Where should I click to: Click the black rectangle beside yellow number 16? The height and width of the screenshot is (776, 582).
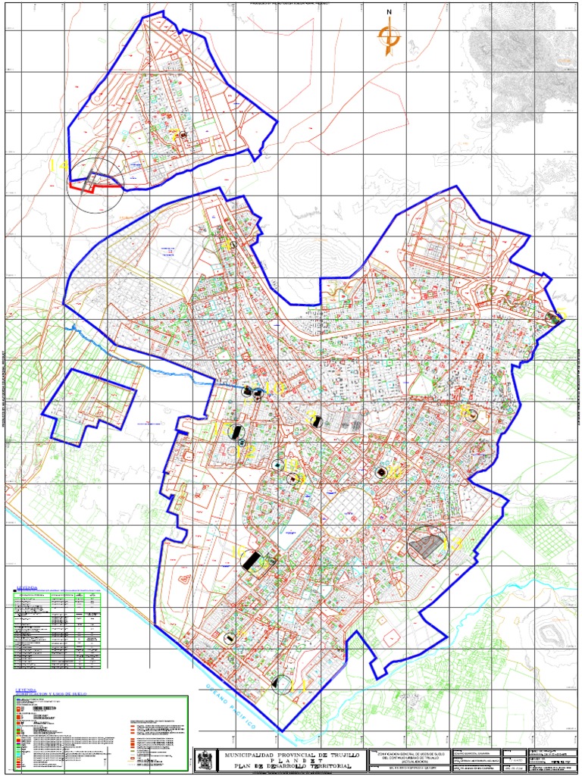(250, 562)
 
